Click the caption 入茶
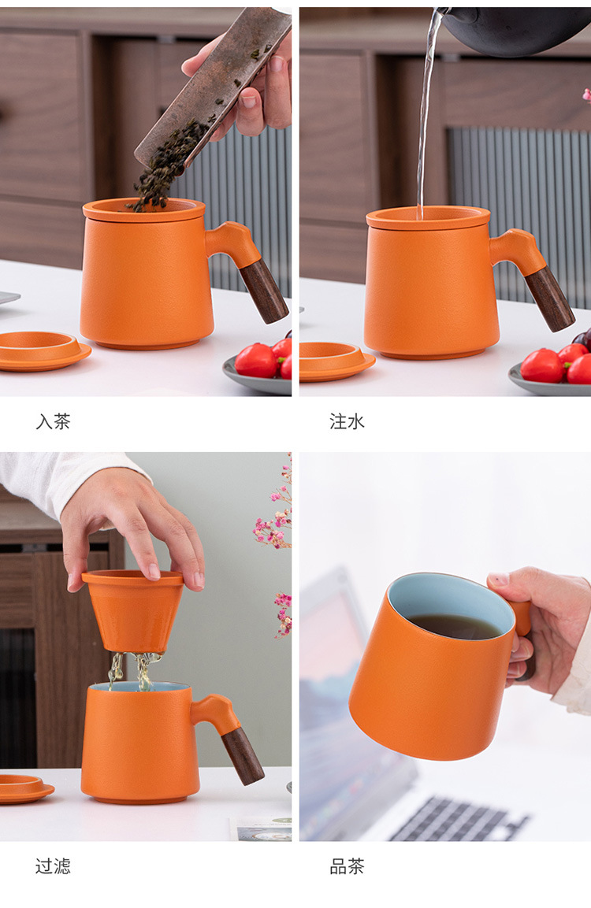click(x=53, y=421)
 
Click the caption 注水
click(x=347, y=421)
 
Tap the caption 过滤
click(x=53, y=866)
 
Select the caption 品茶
click(x=347, y=866)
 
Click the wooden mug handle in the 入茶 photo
click(x=264, y=291)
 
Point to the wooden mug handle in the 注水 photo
click(x=550, y=298)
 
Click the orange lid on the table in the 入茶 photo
click(x=39, y=350)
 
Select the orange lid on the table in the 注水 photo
click(x=336, y=360)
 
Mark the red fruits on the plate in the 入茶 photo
click(x=265, y=359)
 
